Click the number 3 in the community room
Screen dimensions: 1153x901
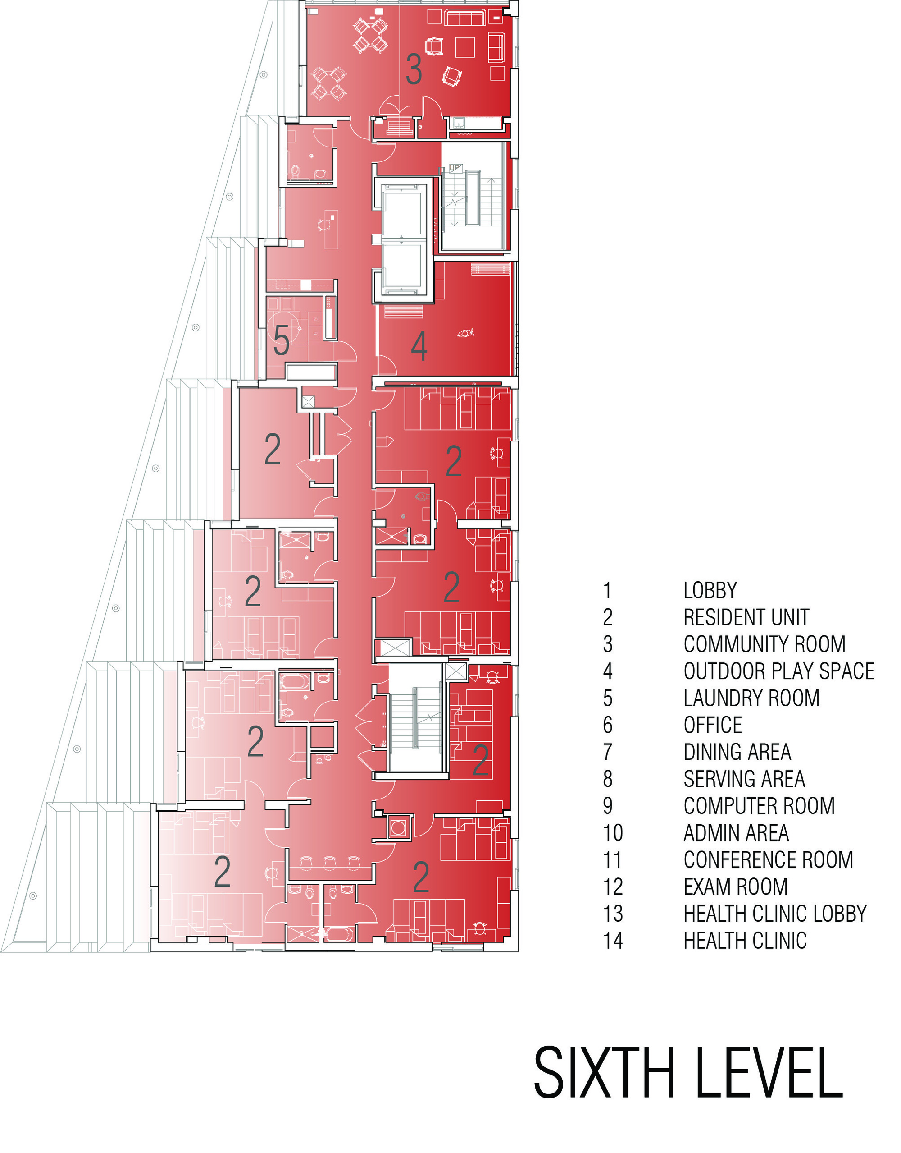click(414, 69)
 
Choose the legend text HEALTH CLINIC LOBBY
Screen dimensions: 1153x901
click(775, 913)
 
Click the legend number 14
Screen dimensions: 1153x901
click(613, 941)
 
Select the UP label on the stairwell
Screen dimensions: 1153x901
click(455, 168)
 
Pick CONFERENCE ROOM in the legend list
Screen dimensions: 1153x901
click(768, 859)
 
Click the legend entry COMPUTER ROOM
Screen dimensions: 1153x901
click(759, 806)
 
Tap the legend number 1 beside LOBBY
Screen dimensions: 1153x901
click(608, 590)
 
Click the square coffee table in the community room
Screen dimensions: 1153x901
click(465, 47)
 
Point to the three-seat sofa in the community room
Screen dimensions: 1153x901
click(465, 18)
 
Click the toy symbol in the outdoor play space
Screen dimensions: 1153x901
click(465, 333)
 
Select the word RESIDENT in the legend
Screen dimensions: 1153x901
click(719, 617)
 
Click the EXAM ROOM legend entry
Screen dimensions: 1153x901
click(735, 887)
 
